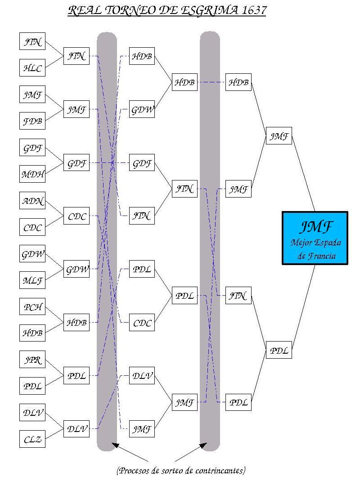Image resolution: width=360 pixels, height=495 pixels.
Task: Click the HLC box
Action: coord(32,68)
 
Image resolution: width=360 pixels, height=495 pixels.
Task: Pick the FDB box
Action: coord(32,121)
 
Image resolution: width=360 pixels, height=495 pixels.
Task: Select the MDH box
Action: coord(32,174)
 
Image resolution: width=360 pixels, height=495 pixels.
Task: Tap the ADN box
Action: coord(32,201)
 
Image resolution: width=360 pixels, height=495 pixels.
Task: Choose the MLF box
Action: coord(32,281)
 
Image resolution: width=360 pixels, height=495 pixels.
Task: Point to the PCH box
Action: coord(32,307)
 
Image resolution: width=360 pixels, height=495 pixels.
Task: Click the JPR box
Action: coord(32,360)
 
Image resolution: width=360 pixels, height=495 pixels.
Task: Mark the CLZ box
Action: coord(32,439)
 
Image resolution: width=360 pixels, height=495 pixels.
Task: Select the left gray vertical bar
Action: coord(107,243)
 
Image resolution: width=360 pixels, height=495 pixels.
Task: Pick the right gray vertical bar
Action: coord(210,243)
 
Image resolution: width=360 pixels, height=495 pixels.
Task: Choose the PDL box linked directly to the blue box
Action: coord(279,350)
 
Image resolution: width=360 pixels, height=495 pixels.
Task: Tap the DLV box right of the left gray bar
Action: coord(142,376)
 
